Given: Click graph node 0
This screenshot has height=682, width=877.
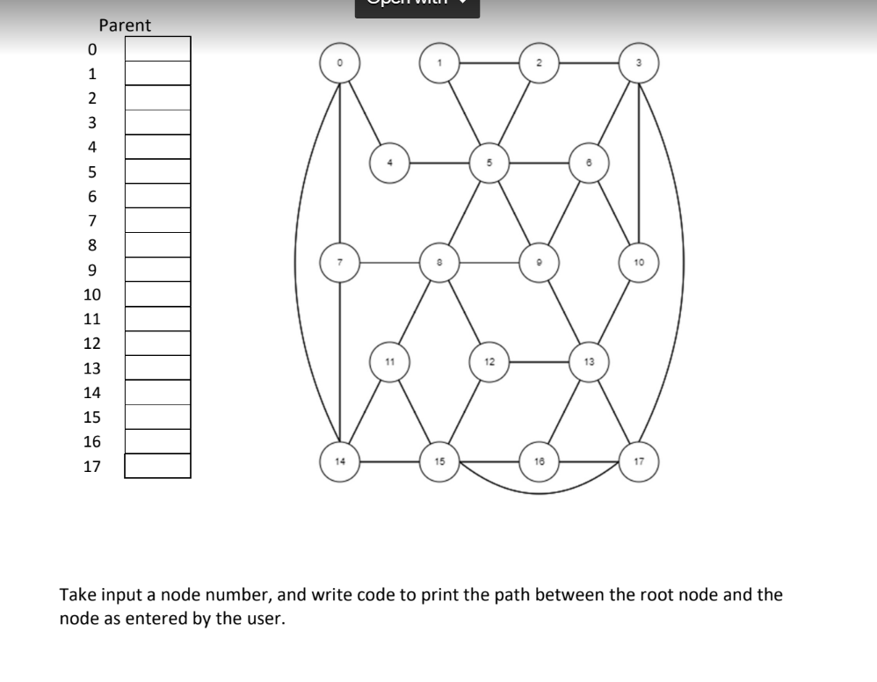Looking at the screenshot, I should pos(339,62).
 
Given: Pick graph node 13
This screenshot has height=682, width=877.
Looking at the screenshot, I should pos(590,361).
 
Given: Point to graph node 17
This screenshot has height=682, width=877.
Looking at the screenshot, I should pos(640,461).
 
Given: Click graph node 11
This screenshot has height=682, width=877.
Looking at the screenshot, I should pos(388,361).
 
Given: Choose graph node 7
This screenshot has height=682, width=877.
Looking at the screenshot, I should pos(339,262).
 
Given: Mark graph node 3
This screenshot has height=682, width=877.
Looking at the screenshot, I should pos(640,62).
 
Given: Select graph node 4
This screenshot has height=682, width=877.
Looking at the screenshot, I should pos(388,163).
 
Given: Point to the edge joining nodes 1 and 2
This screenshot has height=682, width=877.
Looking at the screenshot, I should pos(489,62).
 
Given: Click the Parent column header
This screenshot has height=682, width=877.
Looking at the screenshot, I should pos(125,25).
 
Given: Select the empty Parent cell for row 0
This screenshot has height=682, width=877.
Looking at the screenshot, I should pos(157,48).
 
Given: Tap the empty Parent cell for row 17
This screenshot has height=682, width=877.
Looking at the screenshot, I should pos(157,466).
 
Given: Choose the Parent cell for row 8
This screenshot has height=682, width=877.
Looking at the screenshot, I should pos(157,245).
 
